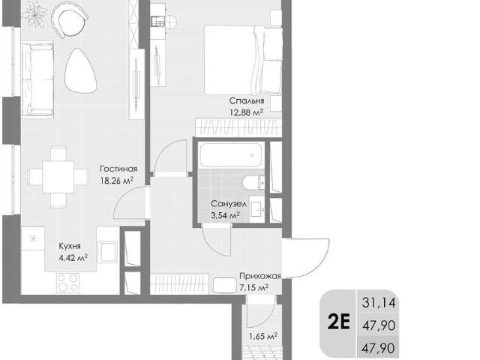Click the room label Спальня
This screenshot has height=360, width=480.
click(247, 100)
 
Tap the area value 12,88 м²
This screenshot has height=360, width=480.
click(247, 112)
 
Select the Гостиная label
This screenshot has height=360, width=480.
click(118, 169)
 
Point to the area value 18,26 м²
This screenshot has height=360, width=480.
click(117, 181)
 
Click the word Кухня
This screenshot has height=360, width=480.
click(70, 246)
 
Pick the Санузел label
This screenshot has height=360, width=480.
click(228, 204)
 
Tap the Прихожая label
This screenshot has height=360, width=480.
click(260, 276)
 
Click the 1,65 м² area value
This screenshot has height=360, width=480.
click(263, 337)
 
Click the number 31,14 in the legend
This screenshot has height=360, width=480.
click(379, 302)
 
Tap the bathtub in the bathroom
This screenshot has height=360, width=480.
click(231, 155)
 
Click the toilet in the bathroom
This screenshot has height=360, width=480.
click(253, 183)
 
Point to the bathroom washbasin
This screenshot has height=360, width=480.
click(256, 209)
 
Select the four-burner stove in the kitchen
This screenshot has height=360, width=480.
click(67, 283)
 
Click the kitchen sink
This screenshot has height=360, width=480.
click(107, 252)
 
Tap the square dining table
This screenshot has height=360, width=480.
click(58, 177)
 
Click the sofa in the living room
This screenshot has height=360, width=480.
click(37, 79)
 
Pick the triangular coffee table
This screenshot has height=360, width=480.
click(80, 71)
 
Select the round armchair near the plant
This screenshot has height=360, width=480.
click(70, 18)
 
